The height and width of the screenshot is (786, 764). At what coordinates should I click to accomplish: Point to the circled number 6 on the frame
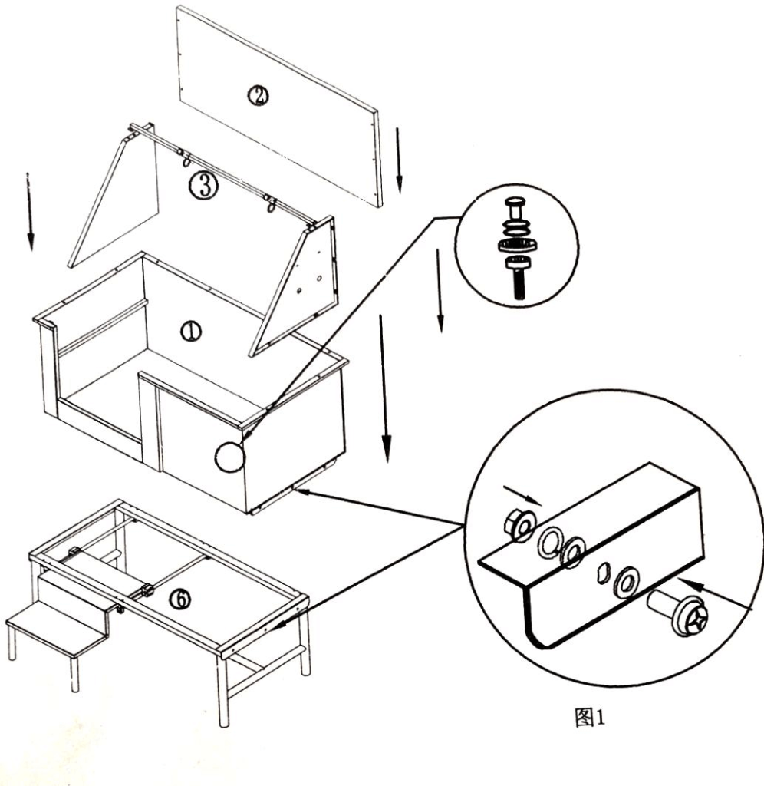179,600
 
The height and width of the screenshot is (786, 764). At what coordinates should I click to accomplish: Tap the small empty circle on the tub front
229,457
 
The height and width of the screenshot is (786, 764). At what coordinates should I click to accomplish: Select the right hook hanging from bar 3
270,204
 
